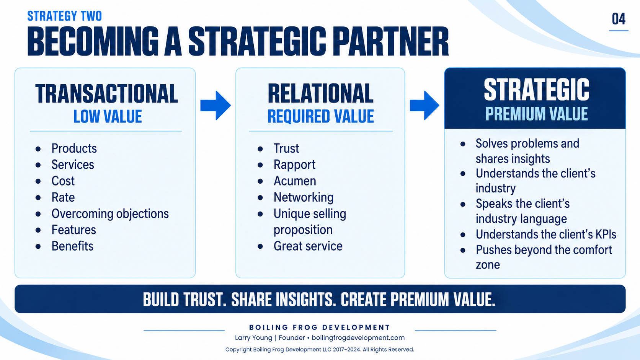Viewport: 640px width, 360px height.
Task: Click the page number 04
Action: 619,19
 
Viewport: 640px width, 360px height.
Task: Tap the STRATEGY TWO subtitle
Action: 65,16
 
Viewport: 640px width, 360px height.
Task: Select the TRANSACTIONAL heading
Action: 106,94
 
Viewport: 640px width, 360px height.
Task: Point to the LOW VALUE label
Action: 108,116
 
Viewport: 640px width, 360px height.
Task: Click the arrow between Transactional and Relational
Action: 216,105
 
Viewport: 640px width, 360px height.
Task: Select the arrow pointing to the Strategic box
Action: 424,105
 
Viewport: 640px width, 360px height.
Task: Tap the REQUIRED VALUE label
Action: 320,116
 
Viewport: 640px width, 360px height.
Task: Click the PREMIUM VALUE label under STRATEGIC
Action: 537,114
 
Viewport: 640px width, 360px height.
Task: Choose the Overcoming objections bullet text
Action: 110,214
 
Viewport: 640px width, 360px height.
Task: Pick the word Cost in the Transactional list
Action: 63,181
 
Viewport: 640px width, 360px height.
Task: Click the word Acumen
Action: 295,181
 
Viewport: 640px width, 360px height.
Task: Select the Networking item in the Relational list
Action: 304,197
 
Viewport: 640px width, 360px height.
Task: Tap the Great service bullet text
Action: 308,246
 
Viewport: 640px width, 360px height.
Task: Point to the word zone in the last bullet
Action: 488,265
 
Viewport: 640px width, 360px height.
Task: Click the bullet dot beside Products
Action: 38,149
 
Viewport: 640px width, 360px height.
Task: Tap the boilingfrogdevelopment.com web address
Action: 358,338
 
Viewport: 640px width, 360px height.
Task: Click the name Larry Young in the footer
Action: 253,338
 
